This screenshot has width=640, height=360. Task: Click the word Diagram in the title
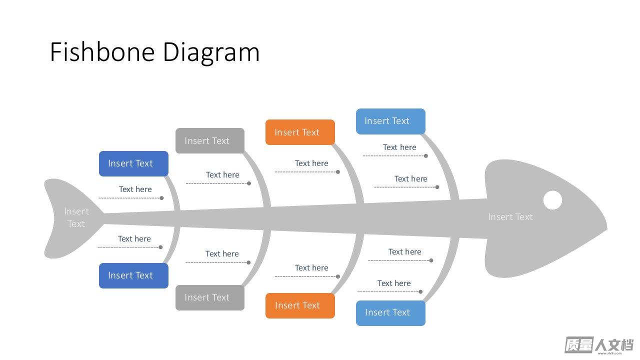pos(211,53)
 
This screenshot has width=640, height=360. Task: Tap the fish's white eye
pos(552,200)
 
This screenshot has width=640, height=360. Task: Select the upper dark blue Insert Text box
pos(133,163)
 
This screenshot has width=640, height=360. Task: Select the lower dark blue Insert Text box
pos(133,275)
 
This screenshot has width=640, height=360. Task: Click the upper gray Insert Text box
pos(210,141)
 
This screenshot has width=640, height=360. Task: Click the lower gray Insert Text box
pos(210,297)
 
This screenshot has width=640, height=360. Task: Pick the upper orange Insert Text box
pos(300,132)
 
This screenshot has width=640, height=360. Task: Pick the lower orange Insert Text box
pos(300,305)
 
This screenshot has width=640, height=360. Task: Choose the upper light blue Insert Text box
pos(390,121)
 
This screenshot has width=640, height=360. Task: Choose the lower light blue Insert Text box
pos(390,313)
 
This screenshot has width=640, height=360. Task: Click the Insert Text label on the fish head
pos(510,217)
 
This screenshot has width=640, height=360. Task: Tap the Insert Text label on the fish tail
pos(76,217)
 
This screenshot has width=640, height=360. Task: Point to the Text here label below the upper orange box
pos(311,163)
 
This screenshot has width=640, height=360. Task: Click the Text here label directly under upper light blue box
pos(399,147)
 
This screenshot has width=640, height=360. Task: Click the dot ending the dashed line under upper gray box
pos(249,183)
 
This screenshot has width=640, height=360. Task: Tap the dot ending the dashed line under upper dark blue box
pos(161,198)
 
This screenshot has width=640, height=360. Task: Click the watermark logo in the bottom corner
pos(599,345)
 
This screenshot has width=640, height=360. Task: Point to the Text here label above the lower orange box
pos(311,267)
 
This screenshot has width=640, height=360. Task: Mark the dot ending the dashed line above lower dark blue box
pos(160,247)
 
